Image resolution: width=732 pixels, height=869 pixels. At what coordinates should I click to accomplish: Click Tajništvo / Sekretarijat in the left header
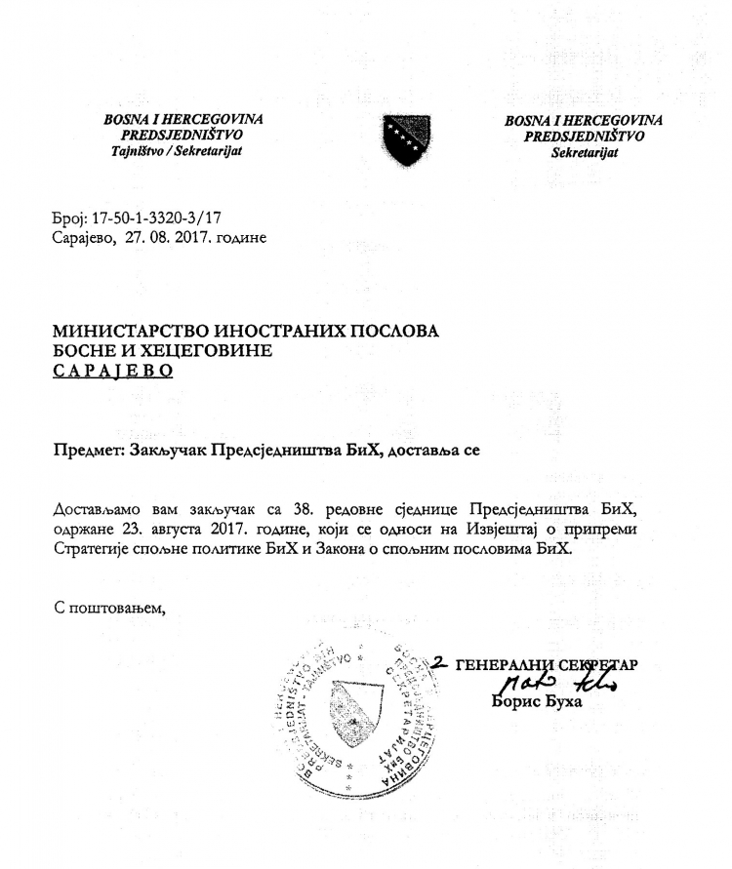(184, 152)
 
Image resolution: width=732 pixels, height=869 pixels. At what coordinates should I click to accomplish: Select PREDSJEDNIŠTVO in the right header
(584, 137)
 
